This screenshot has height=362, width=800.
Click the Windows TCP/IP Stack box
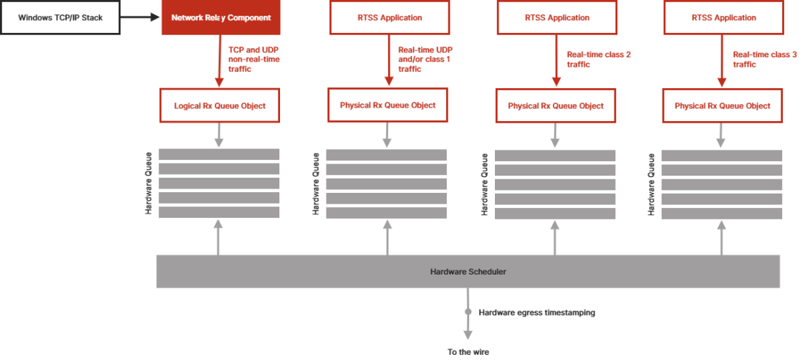click(61, 17)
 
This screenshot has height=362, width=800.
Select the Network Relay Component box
click(221, 17)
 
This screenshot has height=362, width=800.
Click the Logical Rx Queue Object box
click(220, 105)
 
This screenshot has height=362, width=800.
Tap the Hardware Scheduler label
click(468, 272)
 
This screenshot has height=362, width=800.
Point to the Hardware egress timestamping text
click(536, 313)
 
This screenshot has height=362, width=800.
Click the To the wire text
click(468, 352)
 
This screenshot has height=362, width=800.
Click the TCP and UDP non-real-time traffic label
click(254, 59)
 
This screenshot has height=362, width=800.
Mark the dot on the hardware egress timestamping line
click(468, 313)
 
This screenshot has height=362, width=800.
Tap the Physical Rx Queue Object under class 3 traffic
click(722, 105)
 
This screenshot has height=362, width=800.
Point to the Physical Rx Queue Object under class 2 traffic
click(556, 105)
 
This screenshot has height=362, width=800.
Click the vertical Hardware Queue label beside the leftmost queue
click(149, 184)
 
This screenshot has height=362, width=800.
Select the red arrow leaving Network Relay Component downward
click(220, 61)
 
